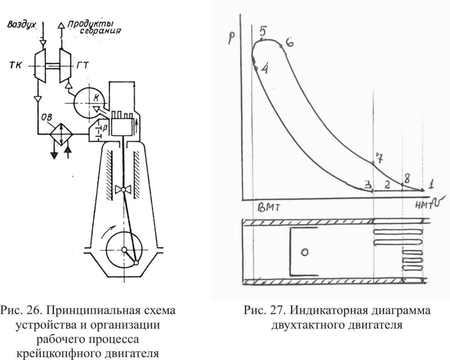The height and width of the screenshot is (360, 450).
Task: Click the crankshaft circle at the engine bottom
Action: tap(124, 249)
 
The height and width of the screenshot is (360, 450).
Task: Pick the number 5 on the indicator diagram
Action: tap(263, 31)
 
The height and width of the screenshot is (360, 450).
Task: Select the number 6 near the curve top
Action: tap(289, 42)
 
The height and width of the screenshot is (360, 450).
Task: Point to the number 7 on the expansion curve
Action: tap(379, 158)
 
